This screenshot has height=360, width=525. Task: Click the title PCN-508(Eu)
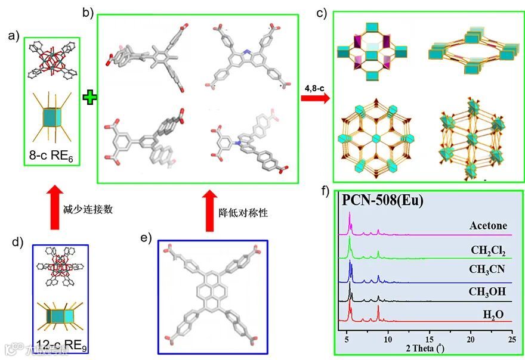[382, 201]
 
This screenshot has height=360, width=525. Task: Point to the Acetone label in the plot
[487, 226]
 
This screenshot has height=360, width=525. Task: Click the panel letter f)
[325, 192]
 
